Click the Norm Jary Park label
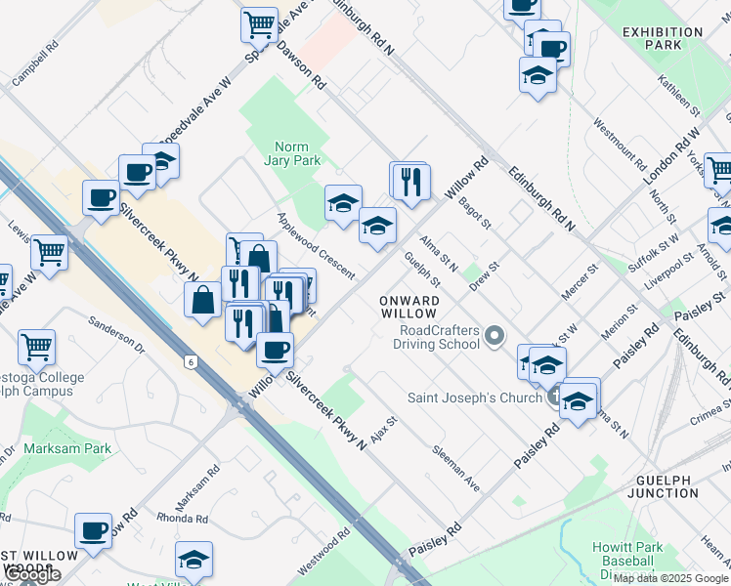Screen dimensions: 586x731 [x=297, y=153]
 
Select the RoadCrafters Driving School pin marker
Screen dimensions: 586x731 [x=494, y=338]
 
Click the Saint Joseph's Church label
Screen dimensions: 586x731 [x=474, y=398]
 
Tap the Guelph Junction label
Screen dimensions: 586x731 [x=667, y=486]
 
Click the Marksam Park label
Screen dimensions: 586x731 [x=69, y=448]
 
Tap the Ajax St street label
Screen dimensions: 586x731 [x=382, y=426]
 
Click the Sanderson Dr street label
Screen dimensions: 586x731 [x=116, y=334]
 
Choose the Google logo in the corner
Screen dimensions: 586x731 [x=33, y=574]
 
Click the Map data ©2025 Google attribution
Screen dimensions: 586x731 [x=671, y=578]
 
